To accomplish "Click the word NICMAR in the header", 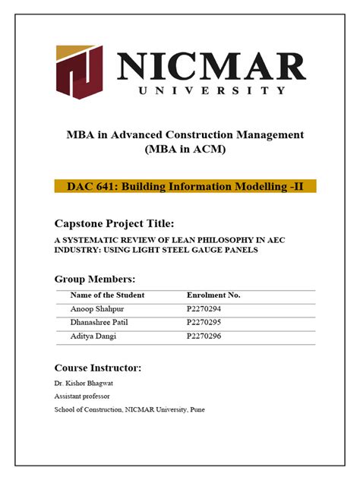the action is [x=210, y=66].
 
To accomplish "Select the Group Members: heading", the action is [x=95, y=279].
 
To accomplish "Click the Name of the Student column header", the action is [x=107, y=295].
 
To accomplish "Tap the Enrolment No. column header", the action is [x=213, y=295].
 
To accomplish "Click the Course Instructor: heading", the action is [x=98, y=368].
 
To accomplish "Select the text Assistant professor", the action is [x=82, y=396].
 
